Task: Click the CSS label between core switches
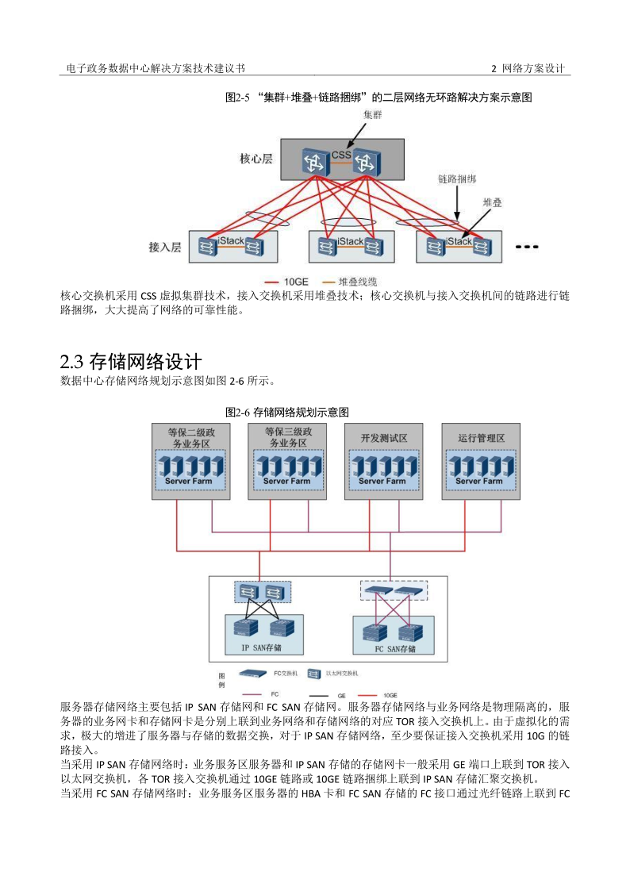341,154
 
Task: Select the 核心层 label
255,159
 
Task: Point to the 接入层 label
164,248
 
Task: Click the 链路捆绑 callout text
457,180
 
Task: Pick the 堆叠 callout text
492,203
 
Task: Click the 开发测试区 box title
382,438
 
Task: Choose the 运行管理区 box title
481,438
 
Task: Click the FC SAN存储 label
395,648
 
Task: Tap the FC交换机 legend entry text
284,672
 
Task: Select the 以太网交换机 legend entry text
342,672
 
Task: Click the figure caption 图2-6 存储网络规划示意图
287,413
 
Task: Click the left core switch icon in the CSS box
314,163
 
